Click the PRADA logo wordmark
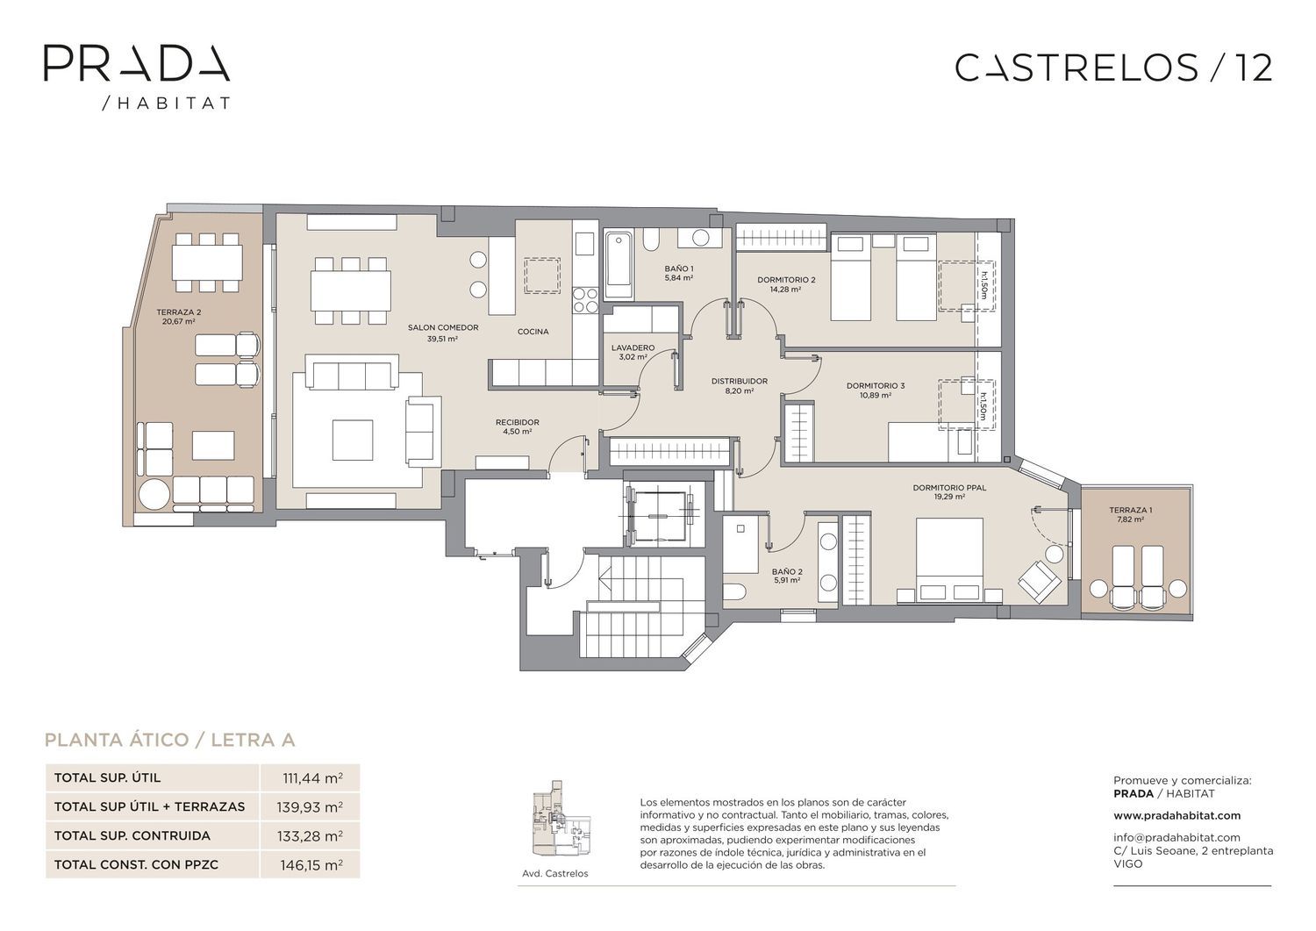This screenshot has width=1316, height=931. [137, 63]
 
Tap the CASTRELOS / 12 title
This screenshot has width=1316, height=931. [1114, 68]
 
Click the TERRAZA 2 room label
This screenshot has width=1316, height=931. [179, 317]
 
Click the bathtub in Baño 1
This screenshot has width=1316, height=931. [619, 265]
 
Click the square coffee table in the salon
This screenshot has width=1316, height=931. [353, 440]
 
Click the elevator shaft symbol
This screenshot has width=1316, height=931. [659, 514]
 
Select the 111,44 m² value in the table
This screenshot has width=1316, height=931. [312, 778]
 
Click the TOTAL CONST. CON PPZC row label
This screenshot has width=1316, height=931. [136, 864]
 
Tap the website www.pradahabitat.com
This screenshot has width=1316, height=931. [1177, 815]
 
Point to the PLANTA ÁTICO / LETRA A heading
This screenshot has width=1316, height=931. [170, 740]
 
